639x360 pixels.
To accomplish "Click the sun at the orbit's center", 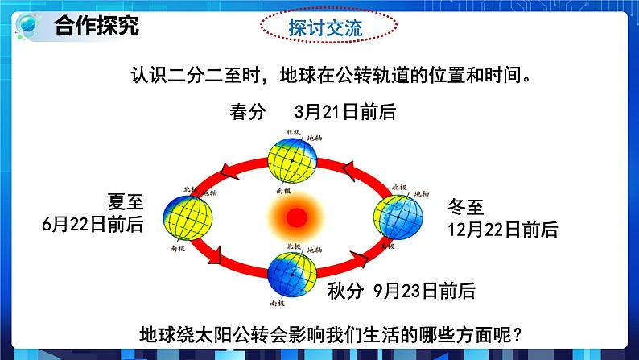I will pyautogui.click(x=295, y=215).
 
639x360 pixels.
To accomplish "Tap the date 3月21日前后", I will pyautogui.click(x=345, y=112).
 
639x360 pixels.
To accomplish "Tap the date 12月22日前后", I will pyautogui.click(x=503, y=229).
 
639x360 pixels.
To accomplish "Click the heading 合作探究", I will pyautogui.click(x=97, y=26).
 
